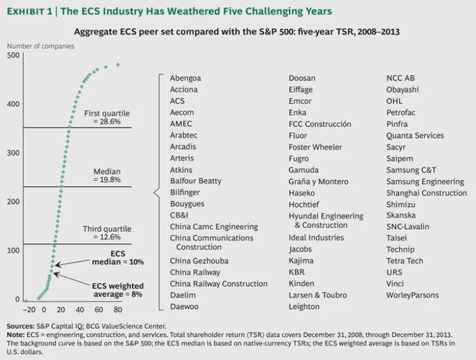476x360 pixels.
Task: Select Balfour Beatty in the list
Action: click(195, 181)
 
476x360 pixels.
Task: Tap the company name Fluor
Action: click(299, 135)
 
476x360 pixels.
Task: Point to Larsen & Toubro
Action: click(318, 295)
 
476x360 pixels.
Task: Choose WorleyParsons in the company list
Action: click(412, 295)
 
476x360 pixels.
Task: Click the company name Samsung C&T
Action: click(411, 169)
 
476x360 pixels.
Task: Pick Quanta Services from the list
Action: click(415, 135)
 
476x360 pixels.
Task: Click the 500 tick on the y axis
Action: click(12, 56)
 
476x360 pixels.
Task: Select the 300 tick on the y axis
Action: click(12, 153)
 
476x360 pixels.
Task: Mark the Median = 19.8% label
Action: click(107, 176)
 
